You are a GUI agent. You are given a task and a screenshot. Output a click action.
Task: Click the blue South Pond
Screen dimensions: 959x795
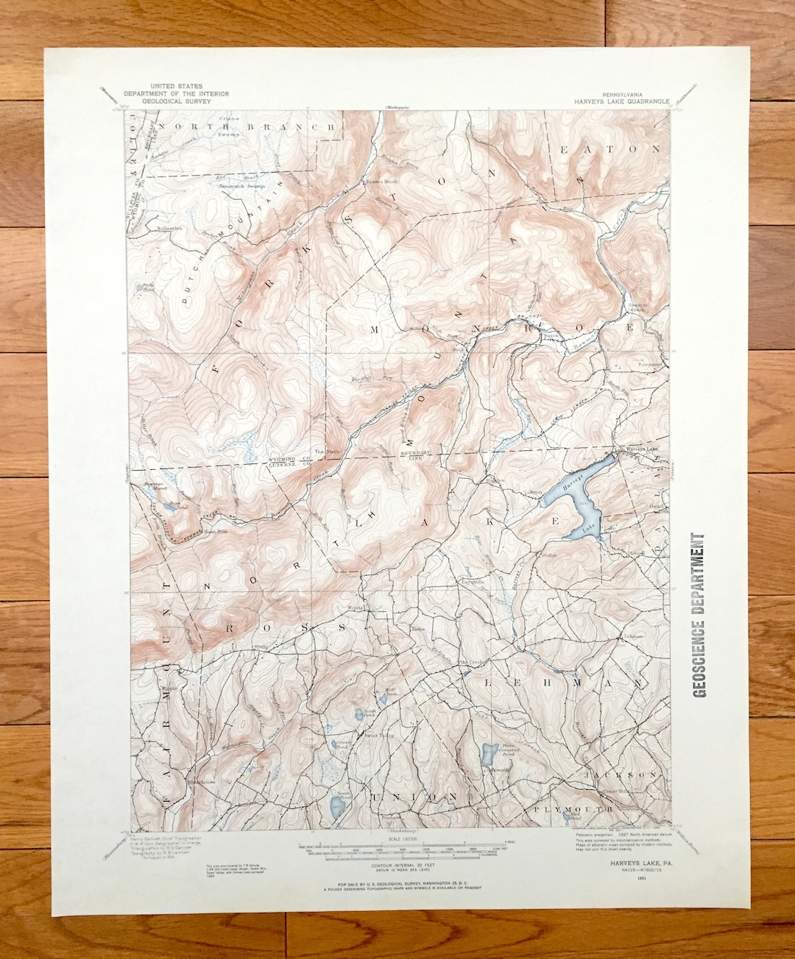tap(336, 808)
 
